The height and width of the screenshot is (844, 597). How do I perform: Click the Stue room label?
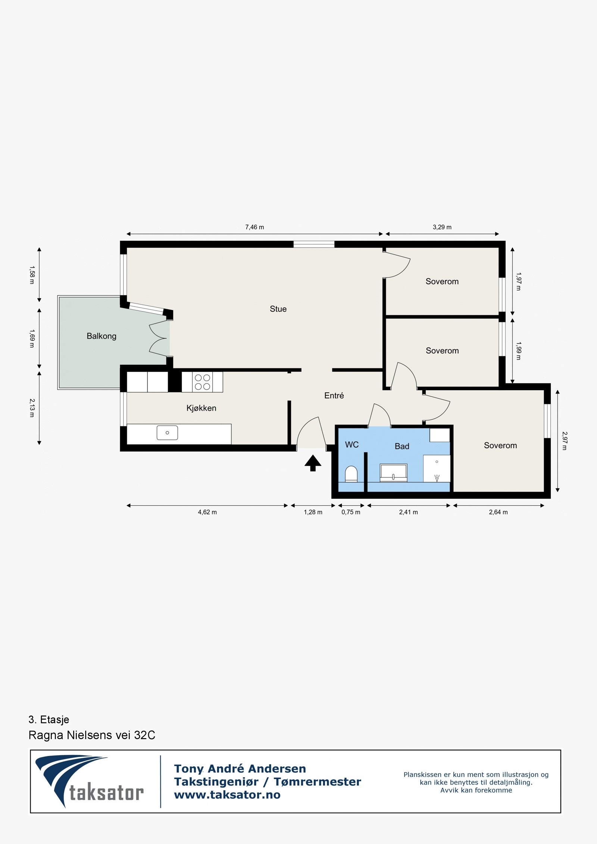click(x=278, y=309)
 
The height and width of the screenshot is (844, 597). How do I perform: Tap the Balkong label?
click(x=101, y=336)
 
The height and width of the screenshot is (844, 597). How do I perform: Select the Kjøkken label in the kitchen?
click(x=201, y=408)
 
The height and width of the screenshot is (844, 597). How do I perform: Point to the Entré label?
click(x=334, y=396)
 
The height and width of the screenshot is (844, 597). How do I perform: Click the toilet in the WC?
click(x=351, y=474)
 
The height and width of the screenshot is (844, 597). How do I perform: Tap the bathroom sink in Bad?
click(x=393, y=473)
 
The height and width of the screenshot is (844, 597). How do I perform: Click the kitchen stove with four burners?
click(x=202, y=382)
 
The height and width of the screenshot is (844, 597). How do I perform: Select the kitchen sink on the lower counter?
click(x=167, y=433)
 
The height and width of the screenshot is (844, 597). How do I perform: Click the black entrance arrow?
click(x=313, y=463)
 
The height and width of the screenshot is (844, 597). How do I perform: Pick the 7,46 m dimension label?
click(x=254, y=227)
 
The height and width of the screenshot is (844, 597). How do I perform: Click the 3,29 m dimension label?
click(x=442, y=227)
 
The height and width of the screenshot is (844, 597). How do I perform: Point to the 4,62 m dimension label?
click(x=207, y=512)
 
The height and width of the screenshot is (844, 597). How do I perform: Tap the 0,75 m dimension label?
click(x=351, y=512)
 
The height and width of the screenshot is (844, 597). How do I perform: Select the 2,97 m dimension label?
click(x=564, y=441)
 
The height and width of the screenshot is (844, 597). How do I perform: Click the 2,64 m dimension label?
click(x=498, y=512)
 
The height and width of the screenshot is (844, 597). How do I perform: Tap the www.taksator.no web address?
click(x=227, y=795)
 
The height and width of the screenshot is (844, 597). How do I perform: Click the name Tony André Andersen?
click(x=240, y=769)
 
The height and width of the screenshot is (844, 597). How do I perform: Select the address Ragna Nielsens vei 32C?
click(x=92, y=735)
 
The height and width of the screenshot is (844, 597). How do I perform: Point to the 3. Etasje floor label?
click(x=49, y=719)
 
